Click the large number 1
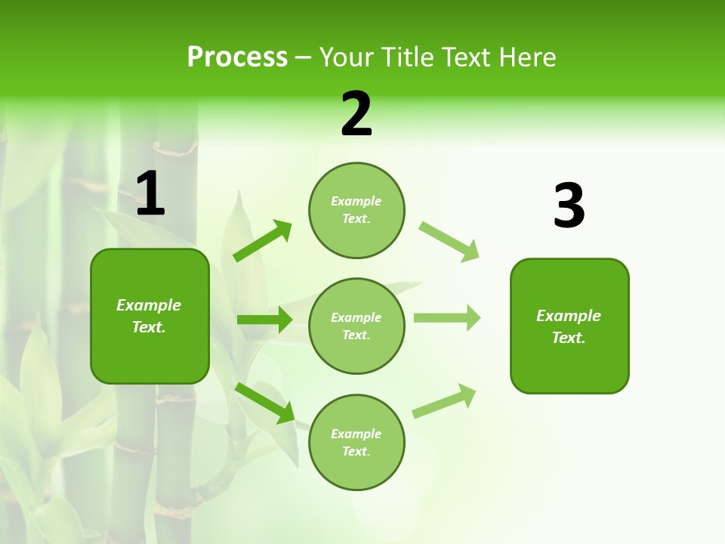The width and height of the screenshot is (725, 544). [x=150, y=193]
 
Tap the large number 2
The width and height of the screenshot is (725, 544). [x=356, y=114]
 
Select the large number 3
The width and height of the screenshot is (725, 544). [x=569, y=206]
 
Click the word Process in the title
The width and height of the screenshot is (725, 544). [x=237, y=57]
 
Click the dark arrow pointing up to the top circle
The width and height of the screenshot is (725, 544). [x=262, y=241]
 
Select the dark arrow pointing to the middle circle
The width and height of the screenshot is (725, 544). [x=264, y=320]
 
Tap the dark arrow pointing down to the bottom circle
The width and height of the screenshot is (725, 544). [x=265, y=403]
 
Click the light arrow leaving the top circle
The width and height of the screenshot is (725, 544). [x=449, y=241]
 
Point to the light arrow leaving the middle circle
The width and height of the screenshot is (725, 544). [x=447, y=317]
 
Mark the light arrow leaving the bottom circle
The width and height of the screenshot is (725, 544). [x=444, y=400]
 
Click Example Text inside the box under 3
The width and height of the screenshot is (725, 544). [x=569, y=326]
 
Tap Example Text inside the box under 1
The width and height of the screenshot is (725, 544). [x=149, y=316]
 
